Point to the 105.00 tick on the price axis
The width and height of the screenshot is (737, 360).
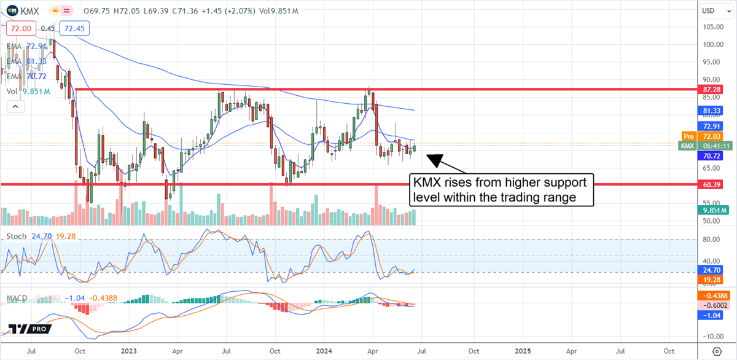click(712, 26)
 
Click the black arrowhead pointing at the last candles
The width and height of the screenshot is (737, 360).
click(435, 160)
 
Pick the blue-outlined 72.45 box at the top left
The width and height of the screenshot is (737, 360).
click(72, 28)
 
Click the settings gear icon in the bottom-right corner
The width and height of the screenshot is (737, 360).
click(716, 351)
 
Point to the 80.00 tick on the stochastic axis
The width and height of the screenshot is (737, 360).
click(712, 240)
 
